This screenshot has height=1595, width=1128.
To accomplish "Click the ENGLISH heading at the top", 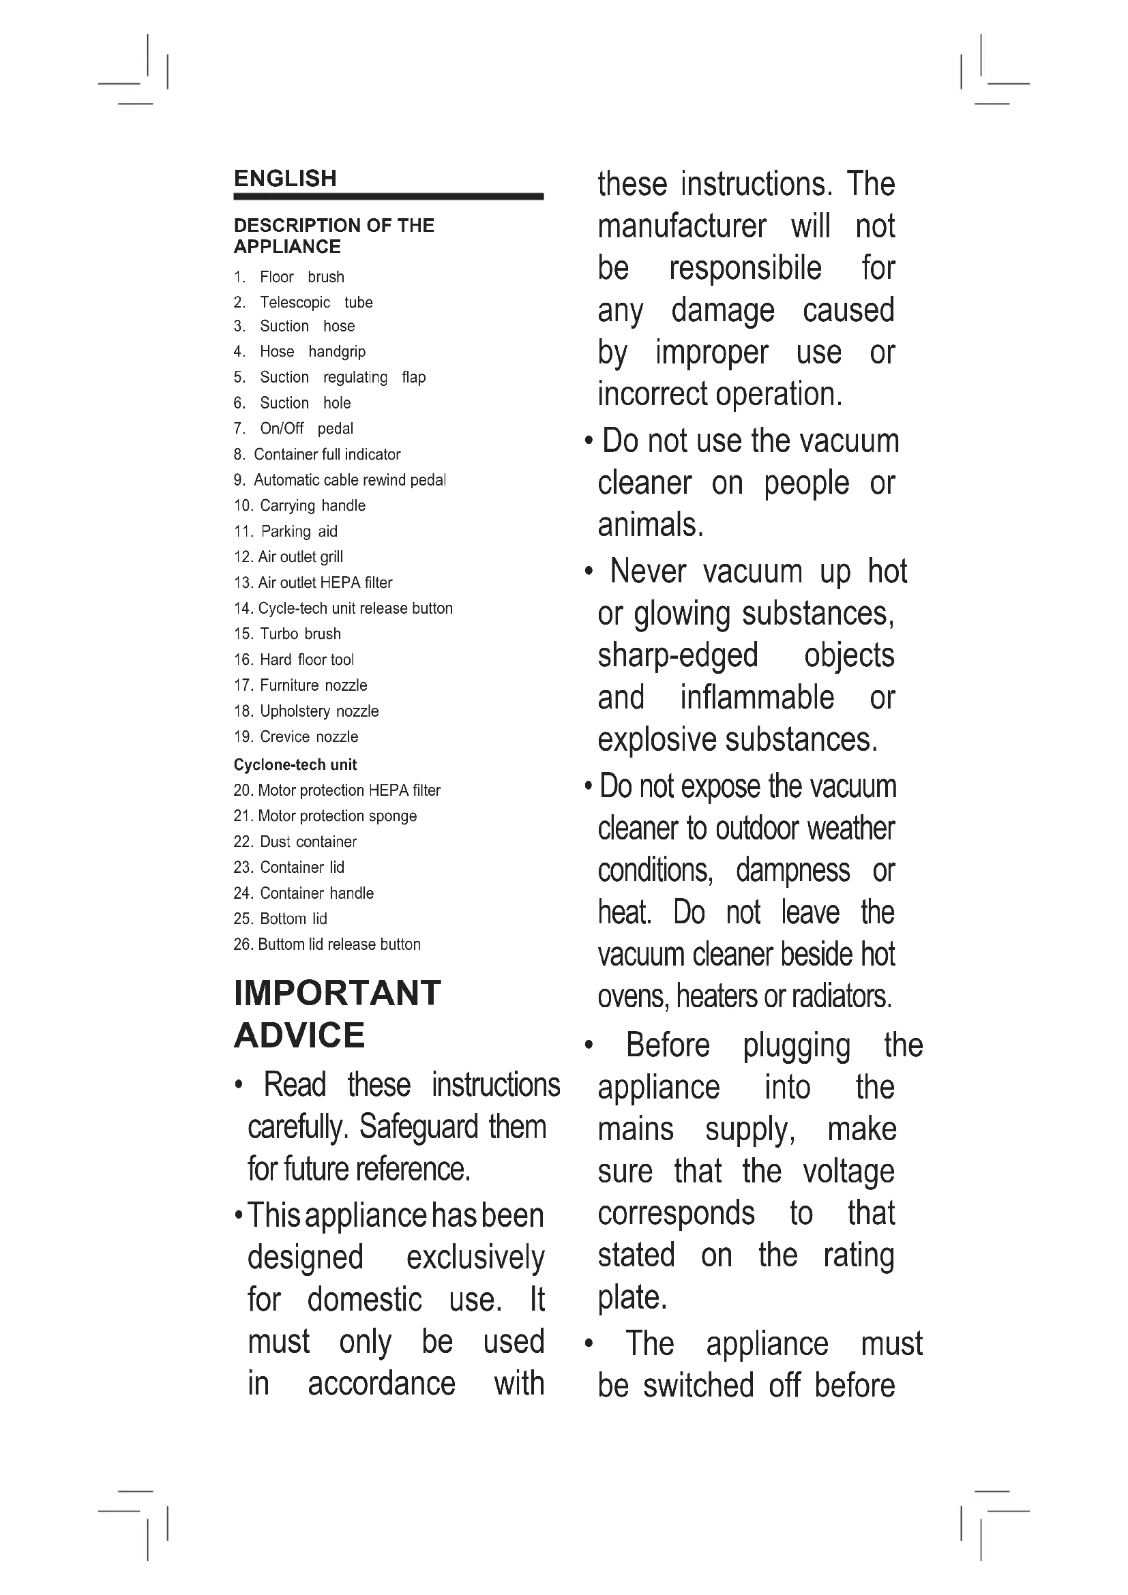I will pyautogui.click(x=285, y=179).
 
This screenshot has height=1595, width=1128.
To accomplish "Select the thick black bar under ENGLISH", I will pyautogui.click(x=388, y=196).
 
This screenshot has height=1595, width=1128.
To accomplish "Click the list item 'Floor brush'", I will pyautogui.click(x=301, y=277).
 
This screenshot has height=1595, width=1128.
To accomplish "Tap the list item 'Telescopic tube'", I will pyautogui.click(x=316, y=302).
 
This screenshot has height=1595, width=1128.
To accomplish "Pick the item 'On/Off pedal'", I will pyautogui.click(x=306, y=429).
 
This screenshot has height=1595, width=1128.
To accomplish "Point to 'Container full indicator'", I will pyautogui.click(x=327, y=454).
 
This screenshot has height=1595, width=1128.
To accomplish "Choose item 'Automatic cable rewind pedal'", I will pyautogui.click(x=349, y=480).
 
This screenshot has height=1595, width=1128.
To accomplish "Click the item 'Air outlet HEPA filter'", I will pyautogui.click(x=325, y=583).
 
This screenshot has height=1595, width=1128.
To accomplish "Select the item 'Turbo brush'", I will pyautogui.click(x=300, y=633).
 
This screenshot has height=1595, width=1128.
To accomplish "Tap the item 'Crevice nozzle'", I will pyautogui.click(x=309, y=736).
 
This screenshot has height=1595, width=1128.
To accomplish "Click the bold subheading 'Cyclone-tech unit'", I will pyautogui.click(x=295, y=765).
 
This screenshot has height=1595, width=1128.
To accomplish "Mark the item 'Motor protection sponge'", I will pyautogui.click(x=337, y=816).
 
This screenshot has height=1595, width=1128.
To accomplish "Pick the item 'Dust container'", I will pyautogui.click(x=308, y=841).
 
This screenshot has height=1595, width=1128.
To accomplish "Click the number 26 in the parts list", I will pyautogui.click(x=242, y=944).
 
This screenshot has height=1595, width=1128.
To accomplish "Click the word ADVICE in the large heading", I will pyautogui.click(x=299, y=1035).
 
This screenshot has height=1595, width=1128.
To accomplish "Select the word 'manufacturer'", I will pyautogui.click(x=682, y=226).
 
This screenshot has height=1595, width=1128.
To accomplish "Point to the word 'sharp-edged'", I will pyautogui.click(x=678, y=655).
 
